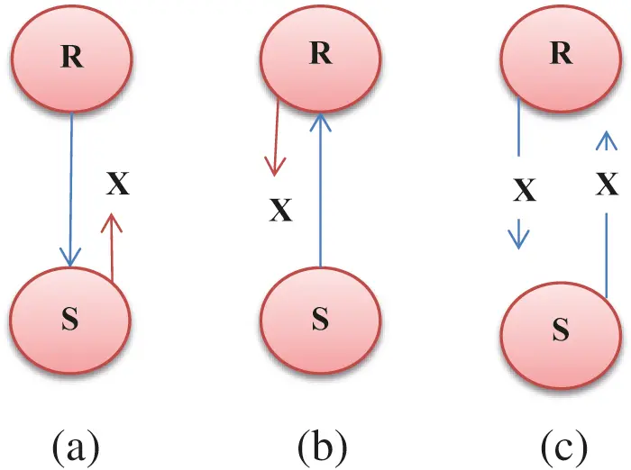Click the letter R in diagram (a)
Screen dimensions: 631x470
72,57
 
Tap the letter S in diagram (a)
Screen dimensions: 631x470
70,319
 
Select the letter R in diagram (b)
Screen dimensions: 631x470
321,52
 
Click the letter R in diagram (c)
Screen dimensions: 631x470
562,52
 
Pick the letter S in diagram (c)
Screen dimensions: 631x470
561,329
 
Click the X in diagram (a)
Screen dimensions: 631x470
118,184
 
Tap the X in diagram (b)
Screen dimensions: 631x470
280,210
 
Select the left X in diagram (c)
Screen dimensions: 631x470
525,190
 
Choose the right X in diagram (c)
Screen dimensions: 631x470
607,185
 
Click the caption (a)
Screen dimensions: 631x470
76,447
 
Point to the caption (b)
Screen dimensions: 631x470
323,446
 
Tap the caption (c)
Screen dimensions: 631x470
563,447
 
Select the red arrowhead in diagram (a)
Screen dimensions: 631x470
112,223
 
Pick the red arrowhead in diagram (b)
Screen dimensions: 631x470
275,167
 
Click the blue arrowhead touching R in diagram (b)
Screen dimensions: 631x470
321,122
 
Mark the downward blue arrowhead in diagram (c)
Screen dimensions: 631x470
518,240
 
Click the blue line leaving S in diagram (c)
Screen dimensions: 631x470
607,256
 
